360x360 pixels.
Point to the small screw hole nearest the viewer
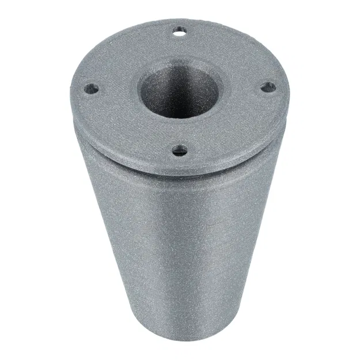181,151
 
